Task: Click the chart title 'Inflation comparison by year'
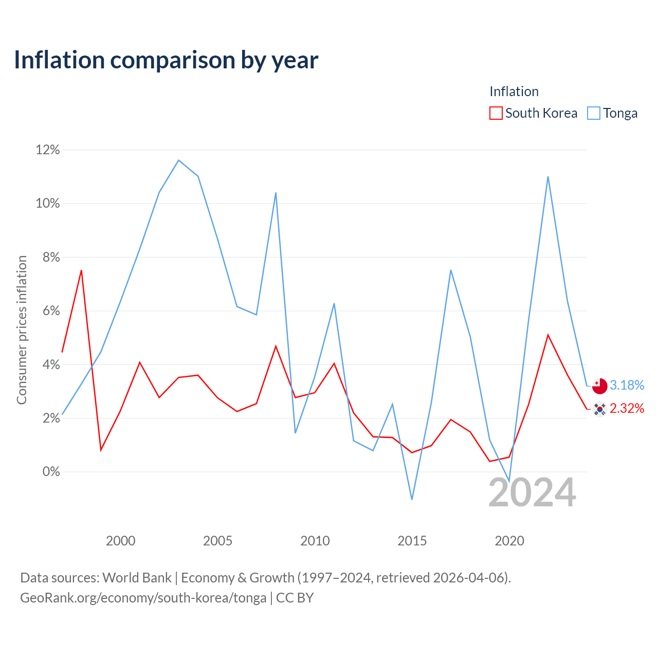pyautogui.click(x=166, y=60)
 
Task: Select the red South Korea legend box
pyautogui.click(x=496, y=113)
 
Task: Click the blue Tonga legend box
pyautogui.click(x=593, y=113)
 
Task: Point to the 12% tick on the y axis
pyautogui.click(x=48, y=150)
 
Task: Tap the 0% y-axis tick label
pyautogui.click(x=51, y=471)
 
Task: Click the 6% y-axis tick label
pyautogui.click(x=51, y=310)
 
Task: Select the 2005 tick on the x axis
pyautogui.click(x=217, y=541)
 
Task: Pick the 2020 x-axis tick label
pyautogui.click(x=509, y=541)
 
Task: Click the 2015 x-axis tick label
pyautogui.click(x=412, y=541)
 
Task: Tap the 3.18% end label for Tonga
pyautogui.click(x=627, y=385)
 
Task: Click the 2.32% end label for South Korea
pyautogui.click(x=627, y=408)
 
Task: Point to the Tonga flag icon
pyautogui.click(x=599, y=386)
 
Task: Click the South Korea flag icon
pyautogui.click(x=599, y=409)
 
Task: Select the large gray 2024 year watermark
pyautogui.click(x=533, y=493)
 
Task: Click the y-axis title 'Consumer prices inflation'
pyautogui.click(x=22, y=330)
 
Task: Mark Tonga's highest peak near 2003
pyautogui.click(x=178, y=160)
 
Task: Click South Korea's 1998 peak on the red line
pyautogui.click(x=81, y=270)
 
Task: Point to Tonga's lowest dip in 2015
pyautogui.click(x=412, y=499)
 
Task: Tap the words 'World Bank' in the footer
pyautogui.click(x=137, y=578)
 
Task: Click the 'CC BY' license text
pyautogui.click(x=295, y=598)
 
